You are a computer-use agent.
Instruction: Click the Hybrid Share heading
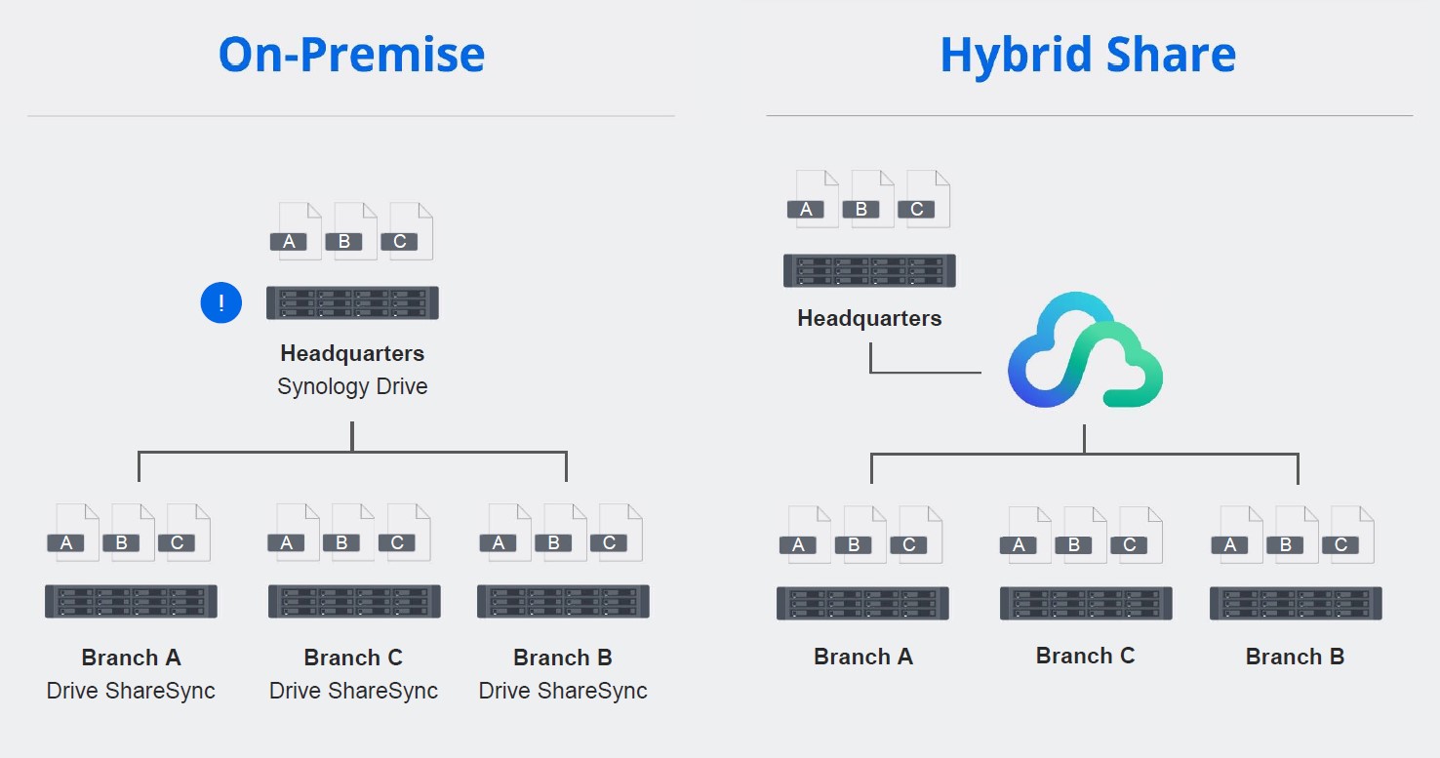click(x=1088, y=57)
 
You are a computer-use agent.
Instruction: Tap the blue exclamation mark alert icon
click(x=221, y=302)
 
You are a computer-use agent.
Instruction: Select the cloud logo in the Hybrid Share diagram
click(x=1085, y=350)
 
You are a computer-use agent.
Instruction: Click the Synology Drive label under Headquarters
click(x=352, y=386)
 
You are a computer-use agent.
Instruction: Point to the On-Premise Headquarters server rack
click(x=352, y=302)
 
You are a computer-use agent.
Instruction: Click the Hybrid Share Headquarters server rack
click(x=869, y=270)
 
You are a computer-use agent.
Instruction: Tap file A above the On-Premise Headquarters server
click(x=297, y=231)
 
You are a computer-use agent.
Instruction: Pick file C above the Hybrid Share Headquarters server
click(x=925, y=199)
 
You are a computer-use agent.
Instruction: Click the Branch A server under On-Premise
click(x=131, y=601)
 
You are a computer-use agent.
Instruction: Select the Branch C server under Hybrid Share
click(x=1086, y=603)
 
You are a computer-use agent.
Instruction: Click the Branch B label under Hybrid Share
click(x=1295, y=657)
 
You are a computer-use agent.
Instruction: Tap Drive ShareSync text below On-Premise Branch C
click(x=353, y=691)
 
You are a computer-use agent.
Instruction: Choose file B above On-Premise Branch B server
click(x=561, y=533)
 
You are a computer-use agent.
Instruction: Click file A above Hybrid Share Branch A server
click(x=806, y=535)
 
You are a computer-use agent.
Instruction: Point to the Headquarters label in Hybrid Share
click(x=869, y=318)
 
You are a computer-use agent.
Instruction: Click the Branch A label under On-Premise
click(x=131, y=658)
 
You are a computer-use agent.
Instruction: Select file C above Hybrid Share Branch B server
click(x=1348, y=535)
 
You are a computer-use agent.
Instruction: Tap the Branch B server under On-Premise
click(x=563, y=601)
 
